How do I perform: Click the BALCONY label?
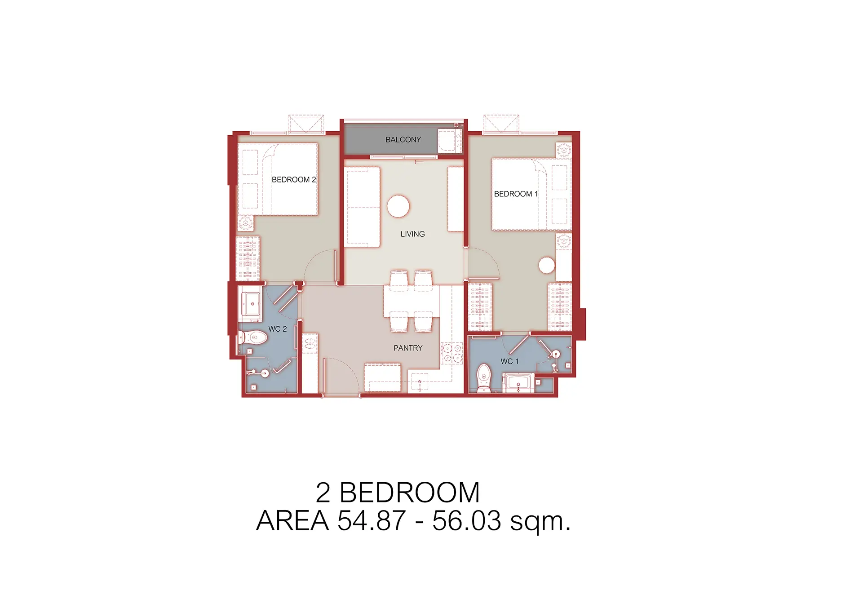tap(403, 140)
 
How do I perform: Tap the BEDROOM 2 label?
tap(294, 180)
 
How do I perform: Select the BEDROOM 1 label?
tap(516, 194)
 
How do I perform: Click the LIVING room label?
tap(412, 234)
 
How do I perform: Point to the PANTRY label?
tap(408, 348)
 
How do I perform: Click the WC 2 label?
tap(277, 329)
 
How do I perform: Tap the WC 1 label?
tap(509, 361)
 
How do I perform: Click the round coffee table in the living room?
tap(398, 206)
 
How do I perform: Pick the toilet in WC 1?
tap(483, 378)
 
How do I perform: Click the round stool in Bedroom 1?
tap(547, 265)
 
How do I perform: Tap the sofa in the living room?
tap(362, 207)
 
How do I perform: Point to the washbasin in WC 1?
tap(518, 383)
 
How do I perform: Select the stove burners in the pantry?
tap(452, 353)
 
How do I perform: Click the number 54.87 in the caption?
tap(372, 520)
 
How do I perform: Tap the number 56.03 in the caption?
tap(467, 520)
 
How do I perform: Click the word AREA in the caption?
tap(292, 520)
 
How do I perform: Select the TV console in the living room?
tap(456, 200)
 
